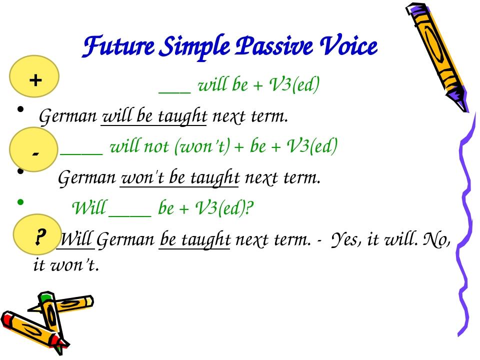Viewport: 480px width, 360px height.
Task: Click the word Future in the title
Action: (108, 47)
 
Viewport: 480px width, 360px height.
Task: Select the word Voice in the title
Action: (349, 47)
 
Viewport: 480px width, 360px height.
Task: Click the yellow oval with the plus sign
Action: (34, 79)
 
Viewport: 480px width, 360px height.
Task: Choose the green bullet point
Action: (20, 202)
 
